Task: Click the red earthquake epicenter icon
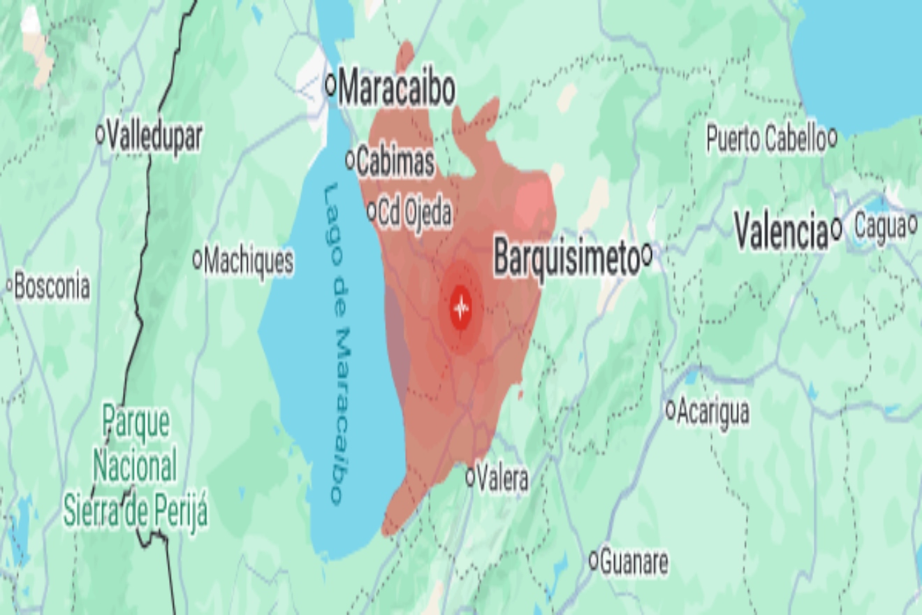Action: (x=460, y=306)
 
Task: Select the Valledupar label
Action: (x=155, y=136)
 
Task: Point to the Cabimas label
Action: (x=395, y=162)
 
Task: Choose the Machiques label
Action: (x=249, y=262)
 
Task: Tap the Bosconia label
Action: (x=52, y=287)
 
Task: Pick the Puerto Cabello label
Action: (x=766, y=139)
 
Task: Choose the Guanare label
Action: (x=634, y=563)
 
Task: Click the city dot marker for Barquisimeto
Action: (x=647, y=254)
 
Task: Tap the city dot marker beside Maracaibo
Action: (x=331, y=85)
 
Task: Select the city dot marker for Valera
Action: (x=470, y=477)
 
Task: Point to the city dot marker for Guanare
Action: (x=594, y=560)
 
